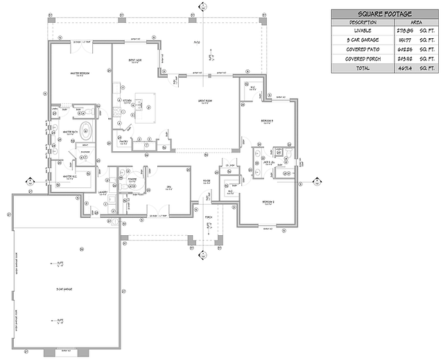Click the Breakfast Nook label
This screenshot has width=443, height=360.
point(135,60)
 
